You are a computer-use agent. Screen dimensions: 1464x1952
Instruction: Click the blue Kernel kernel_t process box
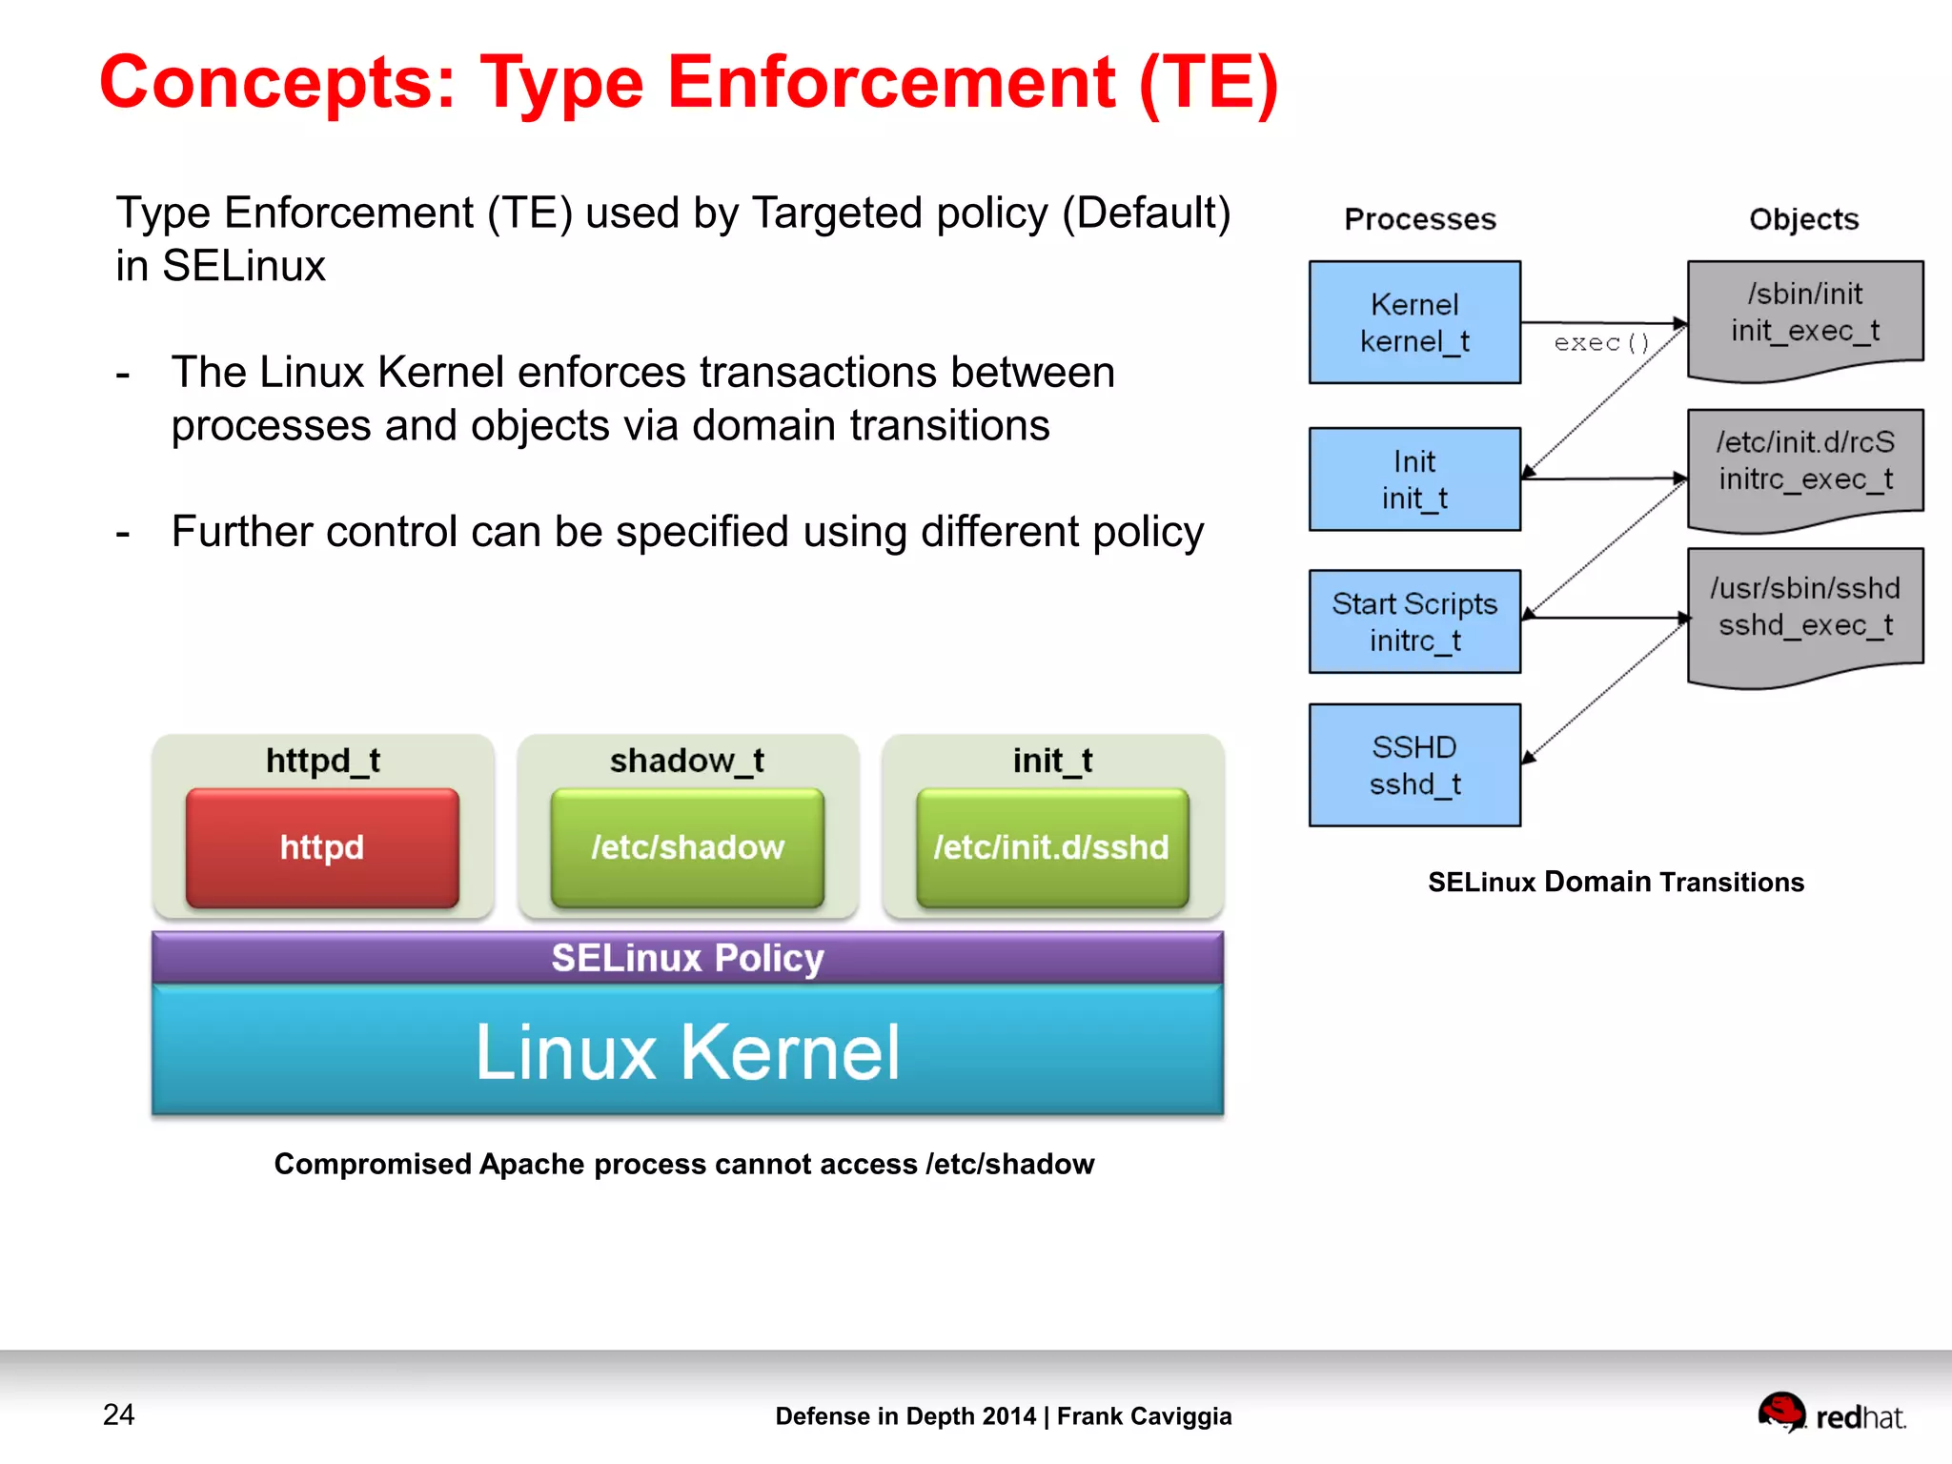click(x=1414, y=322)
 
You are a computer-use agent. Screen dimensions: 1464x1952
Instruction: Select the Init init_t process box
click(x=1414, y=478)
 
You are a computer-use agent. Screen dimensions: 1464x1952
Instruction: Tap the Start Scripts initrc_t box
click(x=1414, y=621)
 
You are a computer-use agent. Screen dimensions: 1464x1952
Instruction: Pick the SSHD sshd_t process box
click(x=1414, y=764)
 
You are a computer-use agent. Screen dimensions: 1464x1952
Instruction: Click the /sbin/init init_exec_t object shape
click(x=1805, y=315)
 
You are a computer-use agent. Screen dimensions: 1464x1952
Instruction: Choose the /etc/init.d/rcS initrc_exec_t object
click(x=1805, y=463)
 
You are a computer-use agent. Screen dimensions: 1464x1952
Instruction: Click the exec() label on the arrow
click(x=1601, y=343)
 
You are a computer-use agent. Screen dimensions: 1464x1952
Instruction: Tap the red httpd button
click(x=322, y=847)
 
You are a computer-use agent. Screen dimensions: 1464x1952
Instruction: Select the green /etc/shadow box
click(x=687, y=847)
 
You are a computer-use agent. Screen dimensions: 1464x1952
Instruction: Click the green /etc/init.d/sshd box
click(x=1051, y=847)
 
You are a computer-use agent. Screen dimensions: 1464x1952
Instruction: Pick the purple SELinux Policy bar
click(x=687, y=958)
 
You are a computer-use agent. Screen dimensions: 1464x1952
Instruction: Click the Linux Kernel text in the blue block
click(x=687, y=1052)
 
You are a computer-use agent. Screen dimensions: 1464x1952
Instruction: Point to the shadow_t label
click(x=687, y=761)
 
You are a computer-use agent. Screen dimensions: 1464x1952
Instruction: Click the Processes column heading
click(x=1420, y=219)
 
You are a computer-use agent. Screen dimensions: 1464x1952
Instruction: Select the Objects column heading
click(x=1803, y=219)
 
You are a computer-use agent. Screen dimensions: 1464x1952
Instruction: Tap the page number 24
click(x=119, y=1414)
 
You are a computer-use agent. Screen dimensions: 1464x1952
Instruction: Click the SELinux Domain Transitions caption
click(x=1616, y=883)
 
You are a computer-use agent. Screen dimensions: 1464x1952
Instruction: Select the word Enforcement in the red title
click(x=891, y=83)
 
